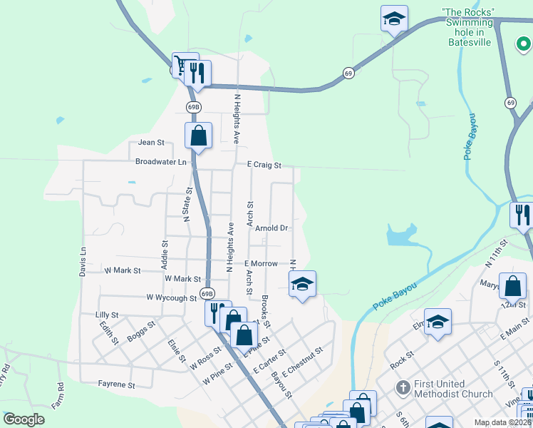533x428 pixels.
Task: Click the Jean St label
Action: click(x=151, y=143)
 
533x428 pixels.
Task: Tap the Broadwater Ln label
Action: click(x=161, y=162)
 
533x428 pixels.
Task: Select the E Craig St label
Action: click(x=264, y=165)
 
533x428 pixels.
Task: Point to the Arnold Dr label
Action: click(x=271, y=228)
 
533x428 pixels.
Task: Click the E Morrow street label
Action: click(x=261, y=264)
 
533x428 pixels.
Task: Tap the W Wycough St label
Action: click(x=171, y=297)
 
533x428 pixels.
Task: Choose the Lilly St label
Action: click(x=106, y=315)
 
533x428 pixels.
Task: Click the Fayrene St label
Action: click(x=116, y=384)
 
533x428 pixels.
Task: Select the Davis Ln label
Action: click(x=83, y=262)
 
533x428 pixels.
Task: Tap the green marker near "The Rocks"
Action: click(x=522, y=44)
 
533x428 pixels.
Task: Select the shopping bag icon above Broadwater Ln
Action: click(x=199, y=135)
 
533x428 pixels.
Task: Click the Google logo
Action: click(x=24, y=419)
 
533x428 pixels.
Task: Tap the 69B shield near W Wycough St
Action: click(x=207, y=293)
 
